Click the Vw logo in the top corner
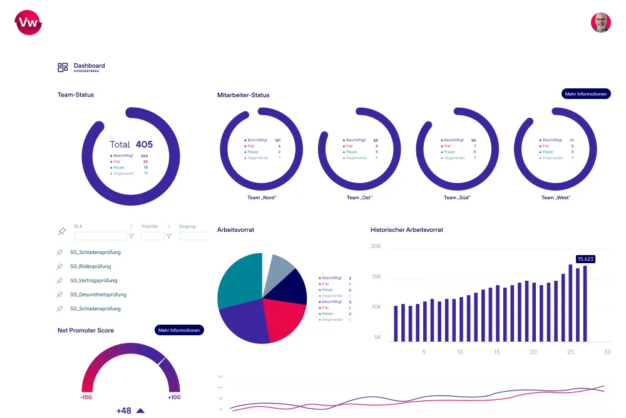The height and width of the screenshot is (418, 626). pyautogui.click(x=28, y=23)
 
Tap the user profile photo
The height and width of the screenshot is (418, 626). pyautogui.click(x=600, y=23)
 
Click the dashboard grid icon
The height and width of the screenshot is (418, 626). pyautogui.click(x=63, y=68)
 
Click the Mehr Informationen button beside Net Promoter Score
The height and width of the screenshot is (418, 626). pyautogui.click(x=179, y=330)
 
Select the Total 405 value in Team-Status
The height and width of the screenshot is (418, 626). pyautogui.click(x=131, y=144)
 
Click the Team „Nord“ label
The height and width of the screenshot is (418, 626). pyautogui.click(x=262, y=197)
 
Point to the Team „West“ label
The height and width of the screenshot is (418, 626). pyautogui.click(x=556, y=197)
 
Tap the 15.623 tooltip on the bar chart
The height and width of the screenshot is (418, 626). pyautogui.click(x=585, y=259)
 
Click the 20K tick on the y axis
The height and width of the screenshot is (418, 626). pyautogui.click(x=376, y=246)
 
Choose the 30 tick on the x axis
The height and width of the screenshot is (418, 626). pyautogui.click(x=607, y=352)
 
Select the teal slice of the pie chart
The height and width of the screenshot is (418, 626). pyautogui.click(x=239, y=279)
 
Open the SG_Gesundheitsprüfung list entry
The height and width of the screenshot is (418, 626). pyautogui.click(x=98, y=295)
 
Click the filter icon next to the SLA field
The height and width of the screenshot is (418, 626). pyautogui.click(x=131, y=236)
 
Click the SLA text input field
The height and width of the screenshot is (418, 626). pyautogui.click(x=100, y=236)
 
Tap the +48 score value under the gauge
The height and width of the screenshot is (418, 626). pyautogui.click(x=124, y=410)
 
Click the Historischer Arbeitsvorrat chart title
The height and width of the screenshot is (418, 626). pyautogui.click(x=406, y=230)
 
